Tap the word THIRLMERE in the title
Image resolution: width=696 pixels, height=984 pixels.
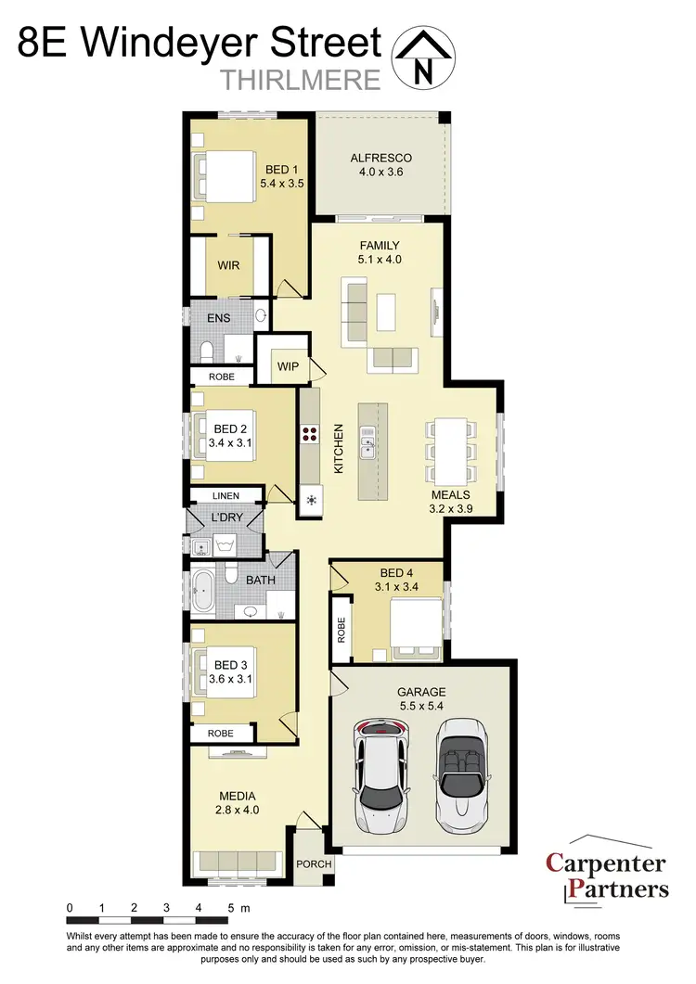coord(302,80)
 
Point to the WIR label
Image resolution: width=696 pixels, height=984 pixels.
coord(228,265)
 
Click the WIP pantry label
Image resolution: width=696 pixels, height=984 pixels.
coord(288,366)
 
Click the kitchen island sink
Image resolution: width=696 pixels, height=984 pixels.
coord(368,441)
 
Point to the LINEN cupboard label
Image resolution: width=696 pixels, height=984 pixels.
coord(226,496)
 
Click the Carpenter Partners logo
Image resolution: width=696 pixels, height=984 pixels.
coord(606,876)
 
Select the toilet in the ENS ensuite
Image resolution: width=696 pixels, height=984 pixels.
coord(207,350)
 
